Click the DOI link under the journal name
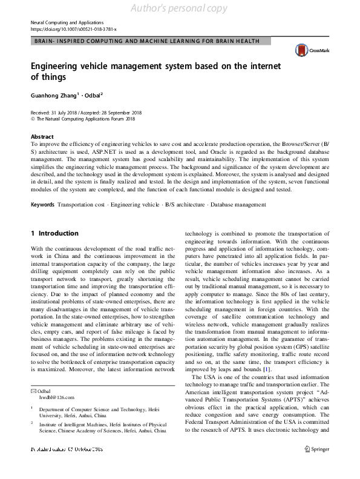point(73,28)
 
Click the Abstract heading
point(42,137)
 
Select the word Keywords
point(42,206)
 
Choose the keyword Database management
point(238,206)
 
